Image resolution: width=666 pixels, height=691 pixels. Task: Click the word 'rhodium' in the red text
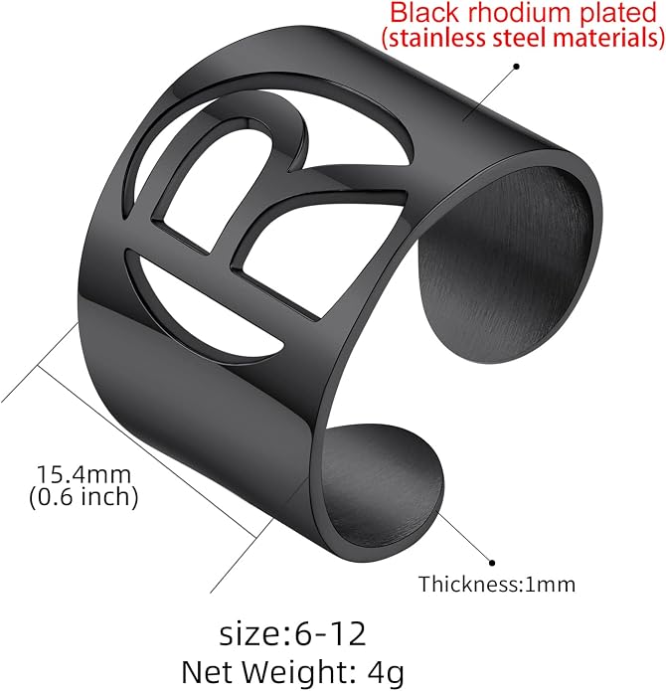click(519, 13)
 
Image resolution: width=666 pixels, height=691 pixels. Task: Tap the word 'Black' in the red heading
click(424, 13)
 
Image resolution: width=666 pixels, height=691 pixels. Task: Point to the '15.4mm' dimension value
click(83, 474)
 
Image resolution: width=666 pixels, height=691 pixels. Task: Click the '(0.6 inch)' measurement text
click(83, 497)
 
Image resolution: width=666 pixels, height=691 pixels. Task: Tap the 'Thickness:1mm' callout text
click(497, 585)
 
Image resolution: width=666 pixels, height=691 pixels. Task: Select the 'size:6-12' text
click(292, 633)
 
